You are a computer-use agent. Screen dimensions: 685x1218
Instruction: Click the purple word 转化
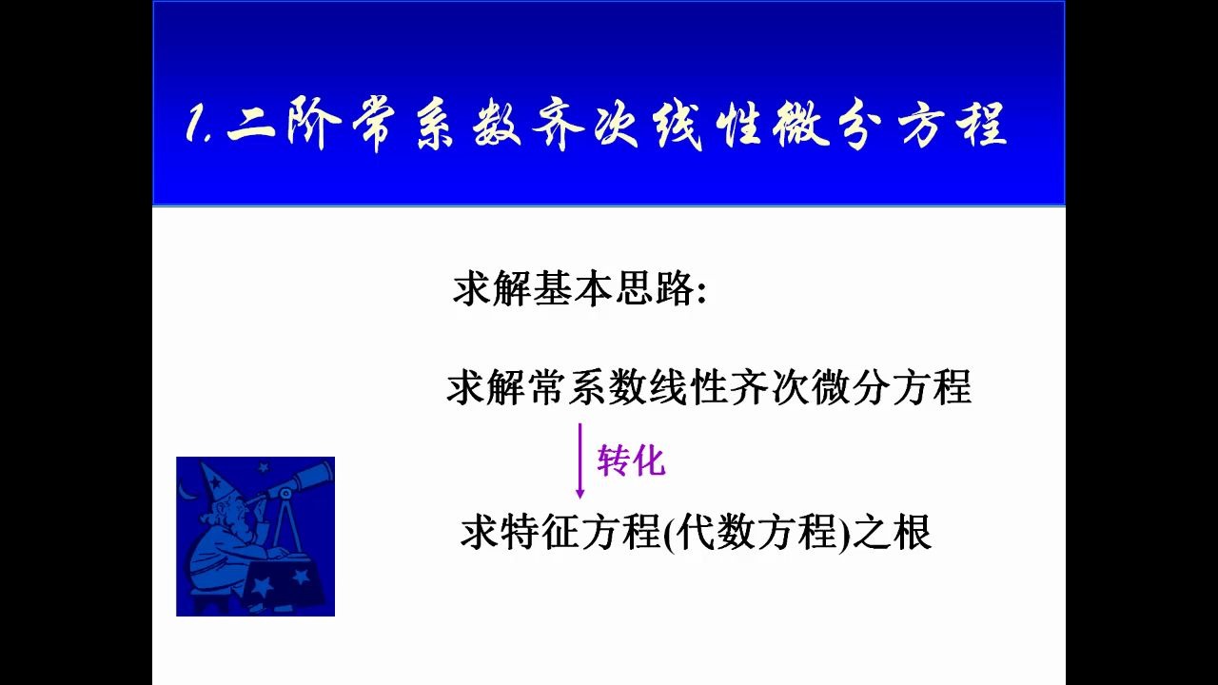pyautogui.click(x=631, y=461)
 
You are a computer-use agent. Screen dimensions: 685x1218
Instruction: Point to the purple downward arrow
pyautogui.click(x=580, y=461)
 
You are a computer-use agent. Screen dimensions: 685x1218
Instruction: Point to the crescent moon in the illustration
pyautogui.click(x=187, y=491)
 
